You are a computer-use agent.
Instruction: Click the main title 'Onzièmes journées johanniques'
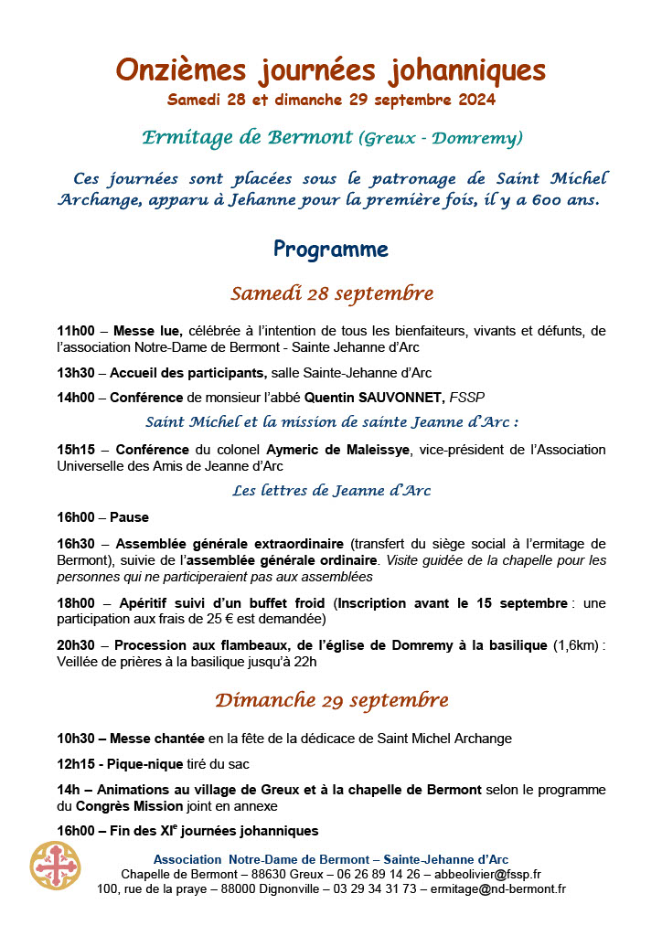click(x=331, y=69)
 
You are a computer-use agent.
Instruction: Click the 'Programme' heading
click(x=331, y=250)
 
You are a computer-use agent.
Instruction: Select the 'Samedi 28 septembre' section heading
click(x=331, y=294)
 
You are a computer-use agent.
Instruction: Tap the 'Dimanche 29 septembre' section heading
click(x=331, y=701)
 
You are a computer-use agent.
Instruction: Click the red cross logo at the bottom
click(x=55, y=866)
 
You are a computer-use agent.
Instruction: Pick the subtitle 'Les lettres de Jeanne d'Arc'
click(x=331, y=491)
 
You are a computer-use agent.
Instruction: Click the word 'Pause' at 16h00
click(x=131, y=517)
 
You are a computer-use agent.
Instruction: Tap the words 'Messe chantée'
click(x=158, y=739)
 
